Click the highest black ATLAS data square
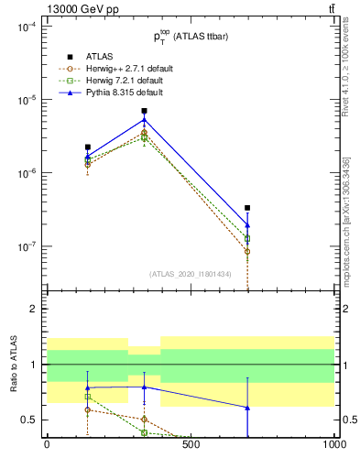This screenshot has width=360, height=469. [x=144, y=111]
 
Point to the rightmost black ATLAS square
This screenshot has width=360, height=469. [x=247, y=208]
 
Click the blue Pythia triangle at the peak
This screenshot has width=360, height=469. [x=144, y=119]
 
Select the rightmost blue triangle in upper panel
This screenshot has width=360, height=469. [x=247, y=224]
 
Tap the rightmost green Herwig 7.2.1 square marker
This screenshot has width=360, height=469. [x=247, y=238]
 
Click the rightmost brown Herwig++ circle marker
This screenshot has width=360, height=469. [x=247, y=251]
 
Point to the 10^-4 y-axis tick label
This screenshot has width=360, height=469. [x=25, y=27]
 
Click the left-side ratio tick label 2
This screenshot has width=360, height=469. [x=32, y=309]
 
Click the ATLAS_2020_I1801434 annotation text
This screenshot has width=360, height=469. [x=190, y=274]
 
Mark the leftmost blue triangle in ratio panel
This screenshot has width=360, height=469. [x=87, y=387]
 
